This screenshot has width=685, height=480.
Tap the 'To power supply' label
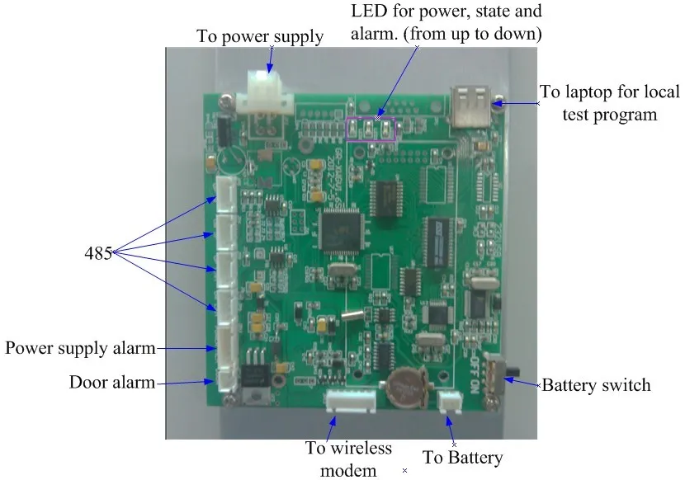click(x=260, y=36)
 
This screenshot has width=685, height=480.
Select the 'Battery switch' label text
click(x=595, y=385)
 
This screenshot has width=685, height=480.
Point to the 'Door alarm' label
click(x=113, y=383)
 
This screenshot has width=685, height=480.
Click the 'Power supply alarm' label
click(x=80, y=348)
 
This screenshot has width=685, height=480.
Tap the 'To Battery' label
click(x=462, y=457)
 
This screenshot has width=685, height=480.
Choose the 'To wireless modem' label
click(x=348, y=459)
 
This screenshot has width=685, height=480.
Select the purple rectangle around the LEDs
click(x=371, y=129)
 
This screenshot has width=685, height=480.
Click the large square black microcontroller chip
click(x=340, y=230)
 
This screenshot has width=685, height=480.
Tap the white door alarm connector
click(x=225, y=380)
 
